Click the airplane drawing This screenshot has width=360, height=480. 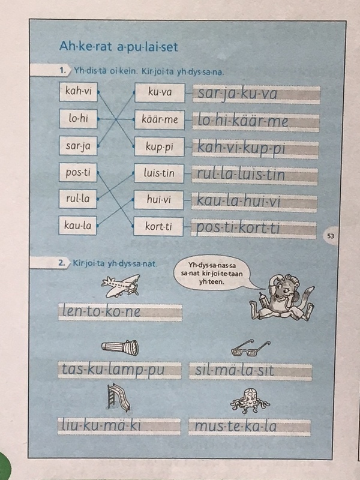121,286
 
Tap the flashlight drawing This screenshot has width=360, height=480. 120,348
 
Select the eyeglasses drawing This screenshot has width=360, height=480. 251,349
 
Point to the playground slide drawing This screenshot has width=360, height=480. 118,397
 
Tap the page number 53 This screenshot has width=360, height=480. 331,236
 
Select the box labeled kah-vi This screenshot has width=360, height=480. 79,92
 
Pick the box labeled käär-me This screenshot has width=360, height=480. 160,119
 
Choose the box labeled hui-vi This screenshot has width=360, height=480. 158,200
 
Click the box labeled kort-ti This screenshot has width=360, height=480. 158,227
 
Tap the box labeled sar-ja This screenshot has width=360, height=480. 78,146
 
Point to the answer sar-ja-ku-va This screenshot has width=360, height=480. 238,94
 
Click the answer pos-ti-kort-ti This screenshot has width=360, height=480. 238,229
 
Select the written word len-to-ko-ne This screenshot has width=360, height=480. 101,311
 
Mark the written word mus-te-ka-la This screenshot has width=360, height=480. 235,427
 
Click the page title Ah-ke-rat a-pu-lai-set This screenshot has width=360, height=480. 118,47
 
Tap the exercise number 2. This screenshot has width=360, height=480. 62,263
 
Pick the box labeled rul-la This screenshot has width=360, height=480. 78,199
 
